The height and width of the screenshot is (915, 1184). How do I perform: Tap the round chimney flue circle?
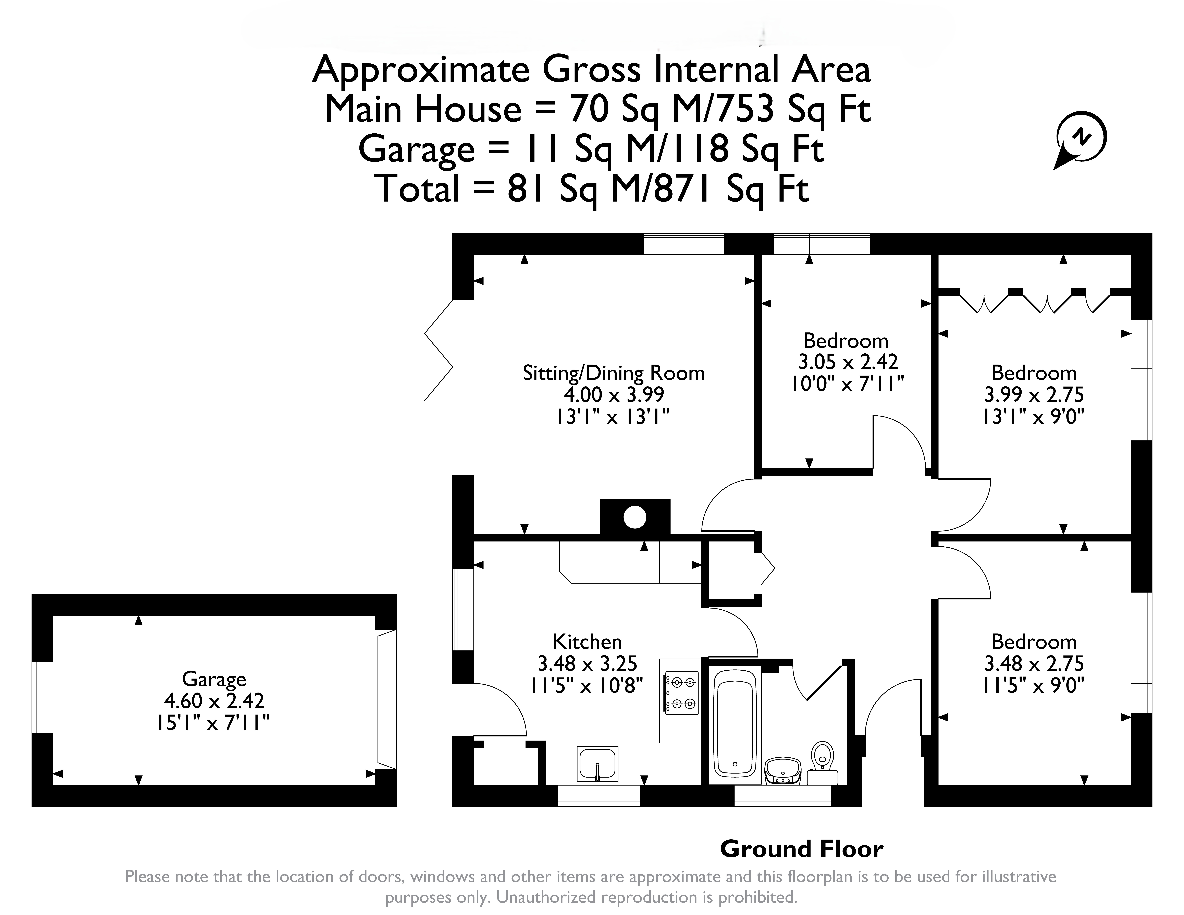pyautogui.click(x=635, y=517)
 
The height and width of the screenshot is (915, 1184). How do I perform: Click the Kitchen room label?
pyautogui.click(x=587, y=642)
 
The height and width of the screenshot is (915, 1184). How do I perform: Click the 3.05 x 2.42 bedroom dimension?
pyautogui.click(x=848, y=362)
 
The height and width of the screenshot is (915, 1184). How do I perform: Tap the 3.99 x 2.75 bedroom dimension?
pyautogui.click(x=1034, y=394)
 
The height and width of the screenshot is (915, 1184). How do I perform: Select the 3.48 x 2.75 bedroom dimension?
pyautogui.click(x=1034, y=663)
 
